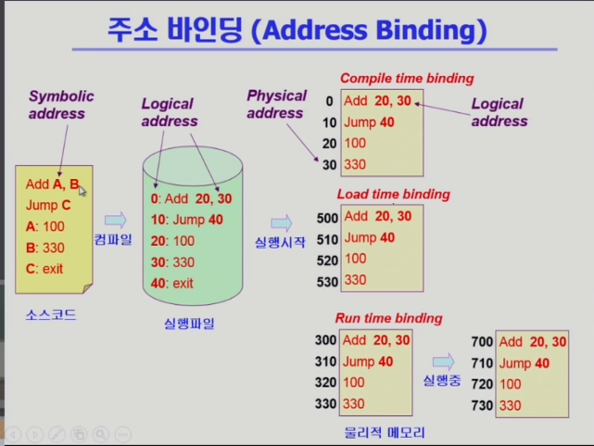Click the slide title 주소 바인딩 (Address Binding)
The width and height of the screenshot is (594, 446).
point(297,30)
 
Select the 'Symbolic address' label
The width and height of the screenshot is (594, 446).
point(61,105)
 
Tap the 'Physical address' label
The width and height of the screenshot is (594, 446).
point(276,104)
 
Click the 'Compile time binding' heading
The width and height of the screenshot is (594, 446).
point(407,79)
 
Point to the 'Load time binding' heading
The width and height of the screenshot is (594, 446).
point(394,195)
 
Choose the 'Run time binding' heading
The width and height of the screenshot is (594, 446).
point(388,318)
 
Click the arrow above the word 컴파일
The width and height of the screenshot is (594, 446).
point(116,220)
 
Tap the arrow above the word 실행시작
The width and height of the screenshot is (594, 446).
point(282,223)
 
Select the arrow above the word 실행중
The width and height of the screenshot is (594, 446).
point(443,362)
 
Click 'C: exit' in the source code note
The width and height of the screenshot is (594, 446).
point(44,269)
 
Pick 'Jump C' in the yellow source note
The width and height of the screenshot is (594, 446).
point(48,205)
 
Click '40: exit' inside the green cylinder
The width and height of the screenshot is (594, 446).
point(172,283)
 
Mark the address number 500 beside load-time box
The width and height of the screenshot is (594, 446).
point(327,218)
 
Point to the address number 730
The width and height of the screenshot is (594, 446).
point(482,405)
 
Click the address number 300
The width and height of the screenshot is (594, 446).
point(326,340)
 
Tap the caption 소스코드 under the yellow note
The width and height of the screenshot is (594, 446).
point(51,315)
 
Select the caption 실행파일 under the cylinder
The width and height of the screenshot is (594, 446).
point(189,324)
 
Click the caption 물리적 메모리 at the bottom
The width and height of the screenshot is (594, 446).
point(385,432)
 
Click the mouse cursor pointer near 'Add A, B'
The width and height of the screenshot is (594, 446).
point(82,191)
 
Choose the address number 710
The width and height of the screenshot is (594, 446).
point(482,363)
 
